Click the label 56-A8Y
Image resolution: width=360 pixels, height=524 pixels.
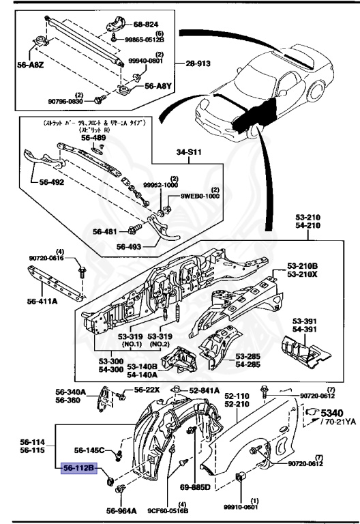pos(157,87)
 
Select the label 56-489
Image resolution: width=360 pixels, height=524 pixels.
pos(94,136)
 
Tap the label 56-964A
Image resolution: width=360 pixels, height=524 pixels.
pos(120,509)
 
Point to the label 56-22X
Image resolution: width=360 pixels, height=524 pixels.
pos(146,390)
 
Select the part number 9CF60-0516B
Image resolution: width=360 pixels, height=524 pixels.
pos(168,509)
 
